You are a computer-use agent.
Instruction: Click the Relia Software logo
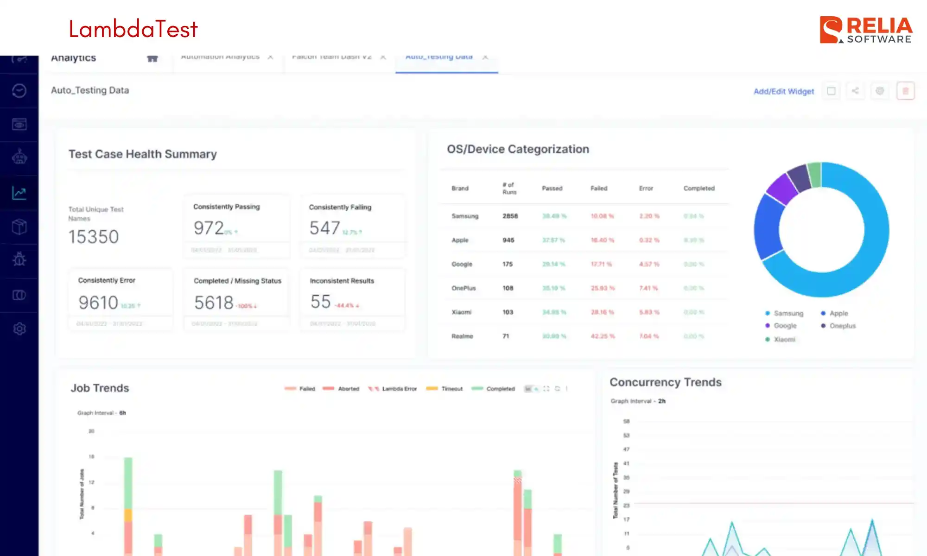tap(865, 30)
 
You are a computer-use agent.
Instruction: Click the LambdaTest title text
tap(133, 29)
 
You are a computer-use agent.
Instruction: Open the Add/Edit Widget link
tap(783, 91)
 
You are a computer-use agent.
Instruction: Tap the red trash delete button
tap(905, 91)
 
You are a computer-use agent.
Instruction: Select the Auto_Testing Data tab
tap(439, 57)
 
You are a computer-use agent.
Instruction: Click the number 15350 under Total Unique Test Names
tap(94, 237)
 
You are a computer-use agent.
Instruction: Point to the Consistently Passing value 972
tap(209, 228)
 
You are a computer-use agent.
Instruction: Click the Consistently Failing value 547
tap(324, 228)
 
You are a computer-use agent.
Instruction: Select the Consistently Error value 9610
tap(98, 303)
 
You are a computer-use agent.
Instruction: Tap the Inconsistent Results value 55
tap(320, 302)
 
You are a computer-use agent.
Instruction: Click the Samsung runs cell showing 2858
tap(510, 216)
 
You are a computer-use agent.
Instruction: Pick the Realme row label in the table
tap(462, 336)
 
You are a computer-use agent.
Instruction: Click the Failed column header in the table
tap(598, 188)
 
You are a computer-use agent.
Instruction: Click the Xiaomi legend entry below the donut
tap(784, 340)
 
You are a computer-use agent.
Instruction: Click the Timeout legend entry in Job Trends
tap(451, 389)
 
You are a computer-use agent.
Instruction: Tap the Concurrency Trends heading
tap(665, 382)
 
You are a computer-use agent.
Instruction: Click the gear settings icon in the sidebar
tap(19, 329)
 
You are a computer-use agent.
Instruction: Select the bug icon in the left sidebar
tap(19, 259)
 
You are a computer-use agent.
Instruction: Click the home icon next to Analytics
tap(152, 58)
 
